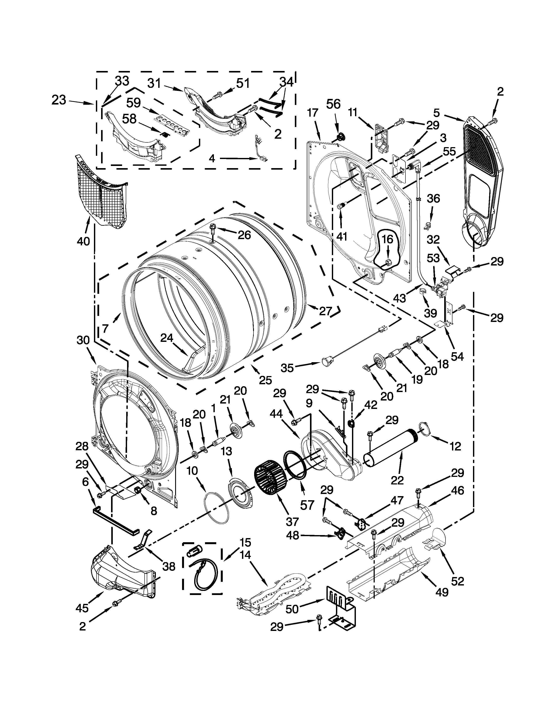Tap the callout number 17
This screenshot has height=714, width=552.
[x=313, y=113]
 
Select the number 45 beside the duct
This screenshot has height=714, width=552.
[x=82, y=608]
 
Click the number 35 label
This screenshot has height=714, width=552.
[x=288, y=368]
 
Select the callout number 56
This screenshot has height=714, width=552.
[x=333, y=104]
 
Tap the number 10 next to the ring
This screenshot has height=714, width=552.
[x=192, y=471]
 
